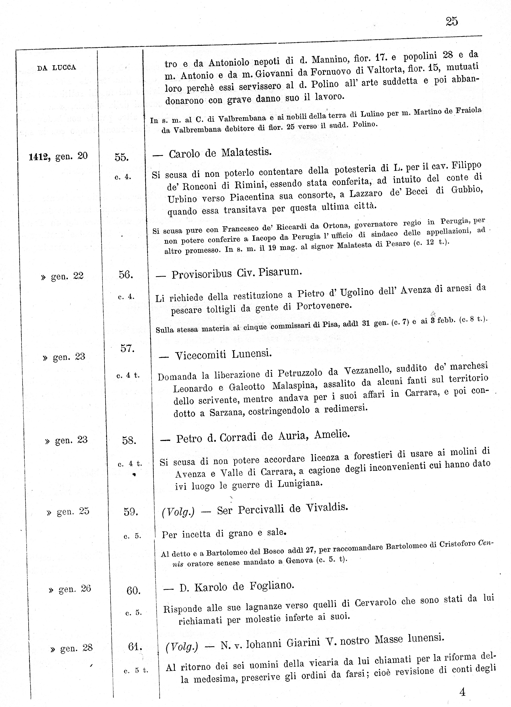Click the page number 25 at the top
coord(452,22)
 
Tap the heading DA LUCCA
coord(57,68)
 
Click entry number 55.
coord(121,157)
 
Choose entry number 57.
coord(127,348)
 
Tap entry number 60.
coord(134,590)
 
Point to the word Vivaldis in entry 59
coord(327,507)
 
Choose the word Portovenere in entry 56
coord(324,306)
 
